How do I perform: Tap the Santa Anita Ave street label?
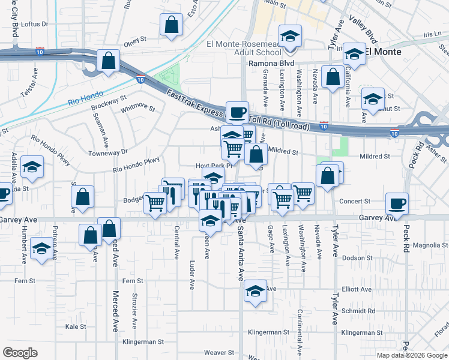point(240,252)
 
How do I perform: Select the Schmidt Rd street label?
point(359,311)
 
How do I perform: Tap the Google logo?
point(20,352)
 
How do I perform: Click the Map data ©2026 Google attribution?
point(411,355)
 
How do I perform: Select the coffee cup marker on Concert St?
point(397,203)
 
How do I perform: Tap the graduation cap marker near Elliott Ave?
point(255,290)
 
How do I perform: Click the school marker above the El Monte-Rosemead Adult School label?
point(290,36)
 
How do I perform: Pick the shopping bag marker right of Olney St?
point(171,25)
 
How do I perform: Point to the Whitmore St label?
point(137,109)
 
